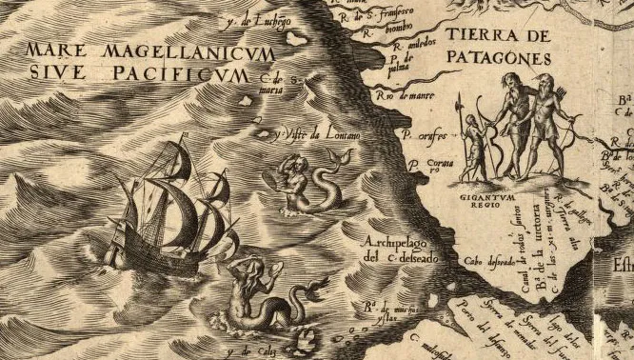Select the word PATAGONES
click(497, 57)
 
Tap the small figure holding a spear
click(472, 143)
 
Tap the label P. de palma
click(404, 65)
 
